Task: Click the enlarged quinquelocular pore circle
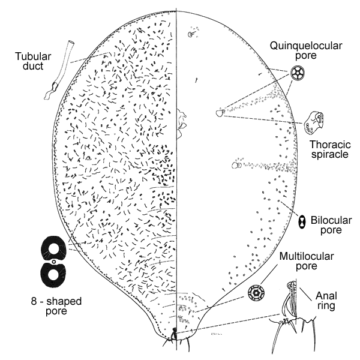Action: [x=297, y=74]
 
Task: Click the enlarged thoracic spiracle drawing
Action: [x=317, y=122]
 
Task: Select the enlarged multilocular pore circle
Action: [x=258, y=293]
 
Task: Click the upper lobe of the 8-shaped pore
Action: [x=55, y=248]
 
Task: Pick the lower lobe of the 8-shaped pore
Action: [x=55, y=274]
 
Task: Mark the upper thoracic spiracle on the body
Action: [x=220, y=112]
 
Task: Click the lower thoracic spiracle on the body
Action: [x=238, y=163]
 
